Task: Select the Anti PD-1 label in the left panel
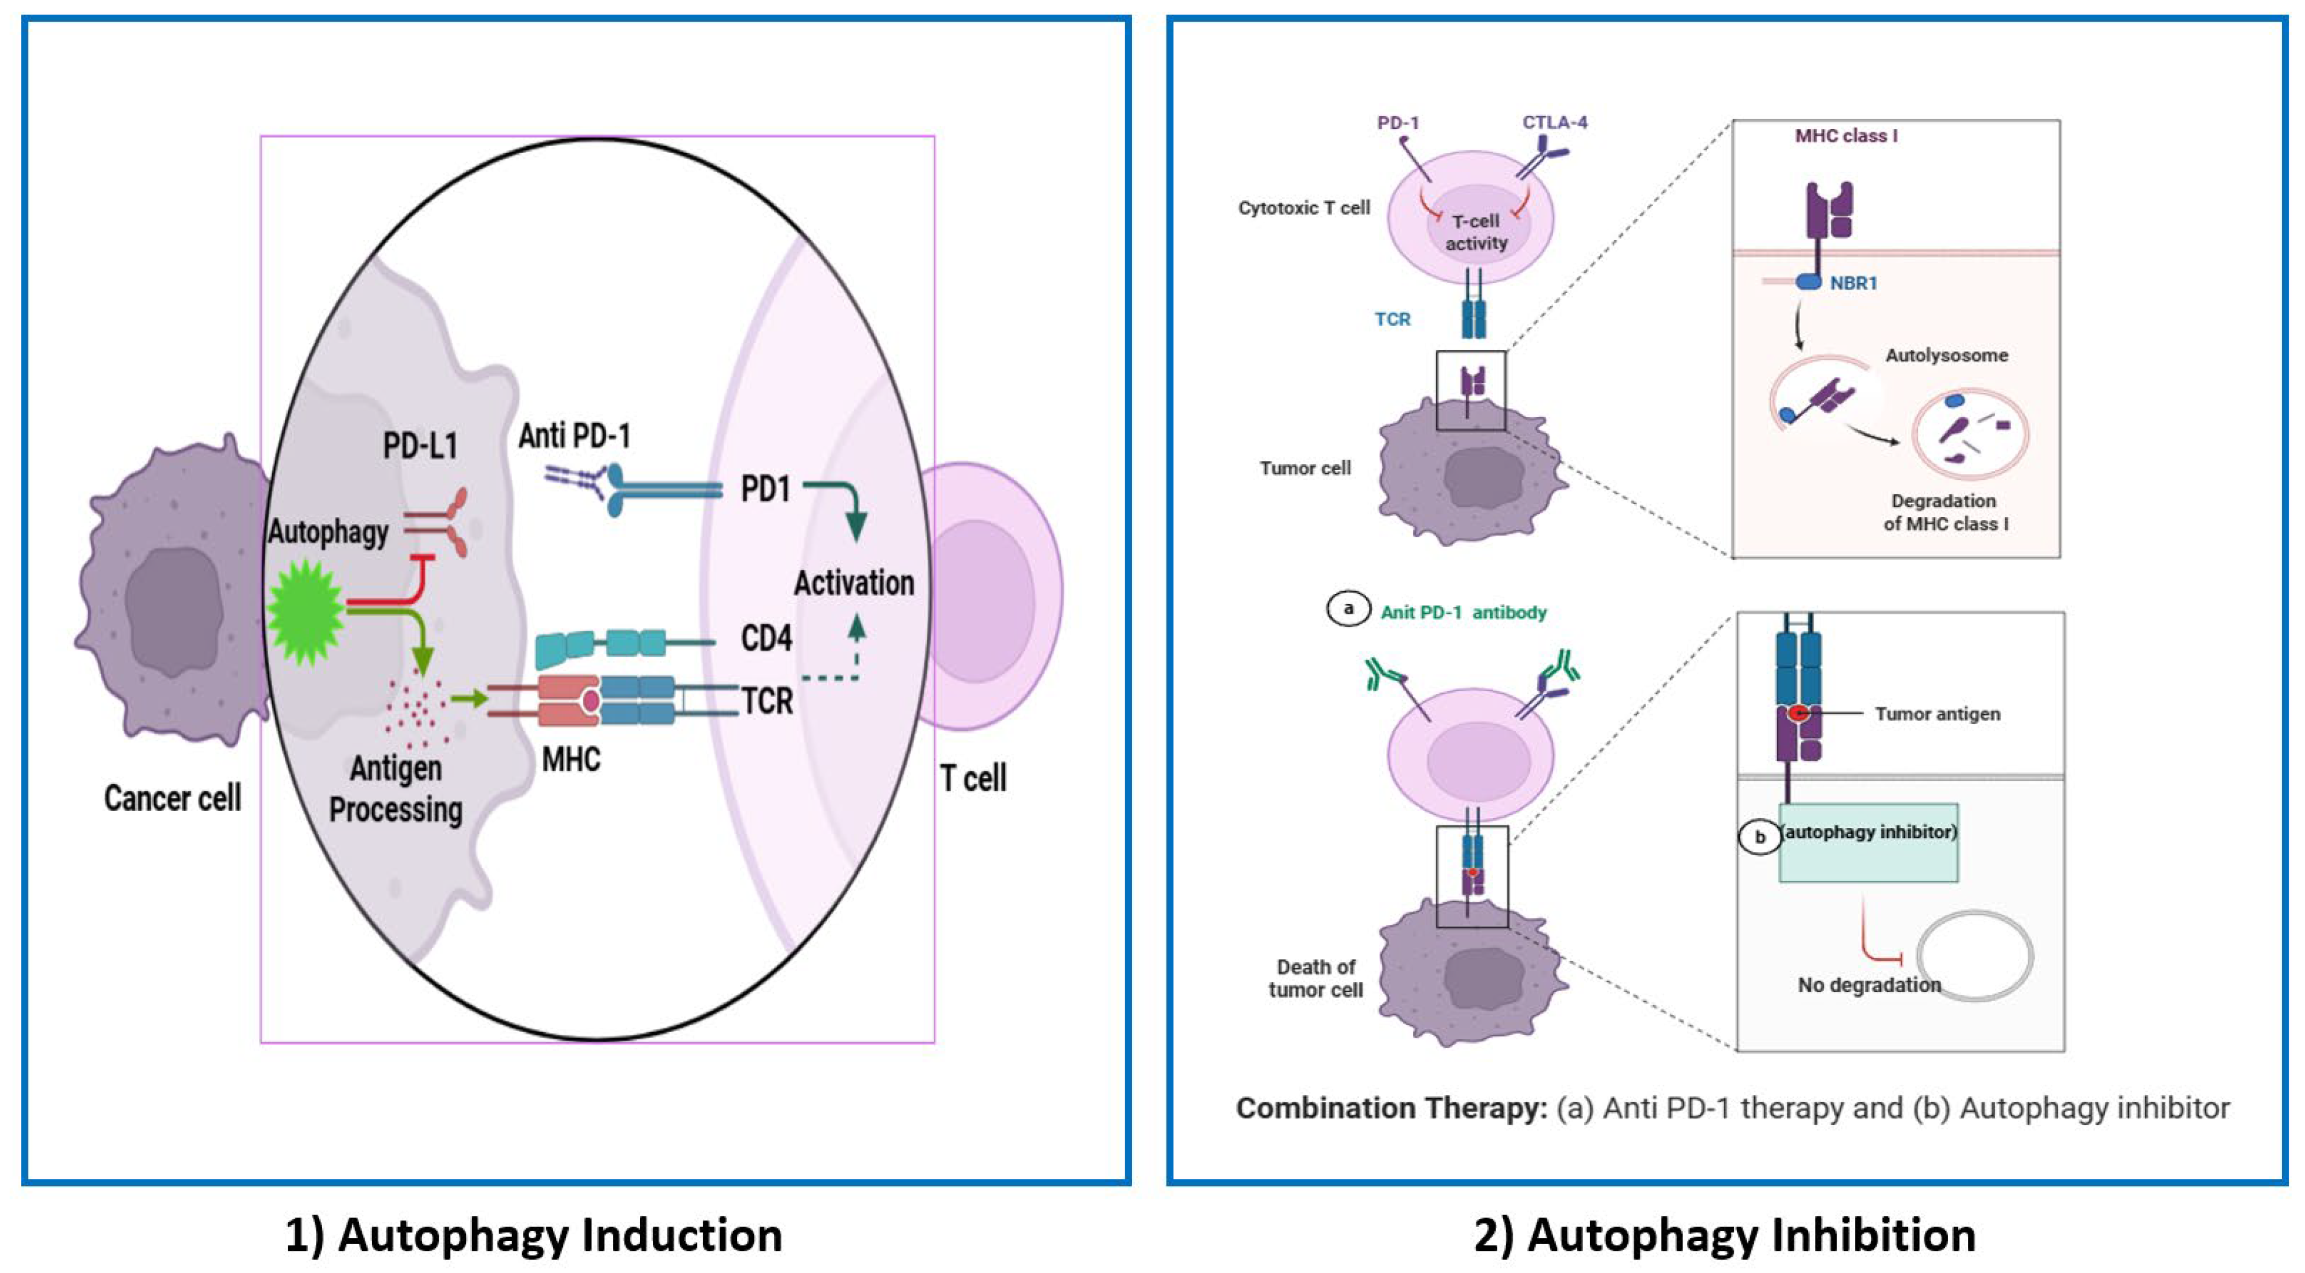(575, 436)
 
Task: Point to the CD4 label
(766, 638)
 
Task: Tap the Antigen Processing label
(396, 788)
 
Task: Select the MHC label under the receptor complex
(571, 760)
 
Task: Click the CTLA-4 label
(1555, 122)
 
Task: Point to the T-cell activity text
(1476, 232)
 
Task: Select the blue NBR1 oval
(1808, 282)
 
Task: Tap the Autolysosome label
(1946, 355)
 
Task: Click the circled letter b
(1759, 837)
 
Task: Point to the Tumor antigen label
(1937, 714)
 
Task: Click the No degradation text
(1869, 985)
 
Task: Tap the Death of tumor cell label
(1316, 979)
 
